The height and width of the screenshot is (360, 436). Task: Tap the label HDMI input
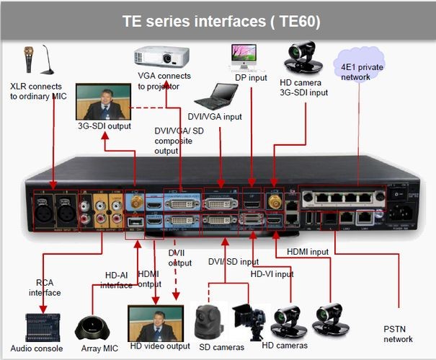(x=308, y=251)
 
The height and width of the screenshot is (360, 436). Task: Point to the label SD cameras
(x=220, y=347)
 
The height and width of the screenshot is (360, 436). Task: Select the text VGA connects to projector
(x=164, y=81)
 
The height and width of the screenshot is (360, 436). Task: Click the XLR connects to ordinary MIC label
(x=38, y=90)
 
